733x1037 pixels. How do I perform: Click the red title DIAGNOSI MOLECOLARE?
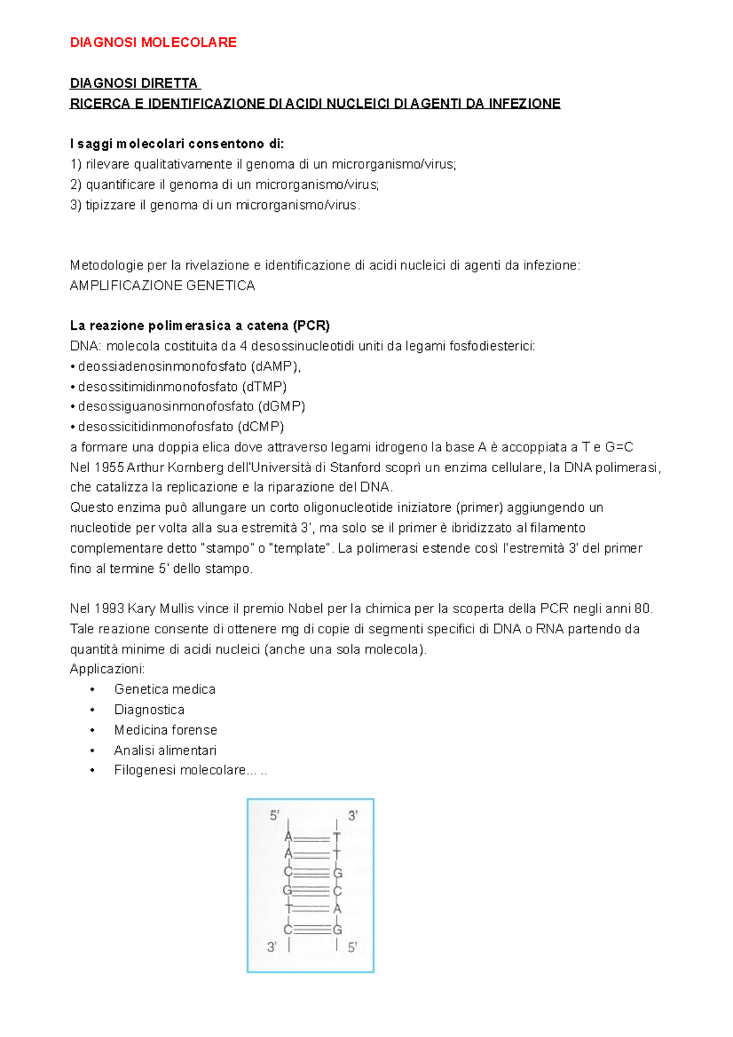pos(153,43)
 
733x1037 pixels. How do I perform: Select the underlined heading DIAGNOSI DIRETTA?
pos(134,84)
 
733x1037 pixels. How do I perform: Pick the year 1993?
pos(109,609)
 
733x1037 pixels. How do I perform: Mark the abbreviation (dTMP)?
pos(264,387)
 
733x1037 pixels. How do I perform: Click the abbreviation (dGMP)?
pos(282,406)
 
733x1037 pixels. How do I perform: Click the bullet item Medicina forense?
pos(166,730)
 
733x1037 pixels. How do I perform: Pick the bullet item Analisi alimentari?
pos(165,750)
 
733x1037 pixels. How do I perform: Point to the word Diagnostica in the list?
pos(149,710)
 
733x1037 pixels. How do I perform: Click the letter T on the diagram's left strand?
pos(289,908)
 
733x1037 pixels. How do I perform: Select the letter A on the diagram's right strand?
pos(337,909)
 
